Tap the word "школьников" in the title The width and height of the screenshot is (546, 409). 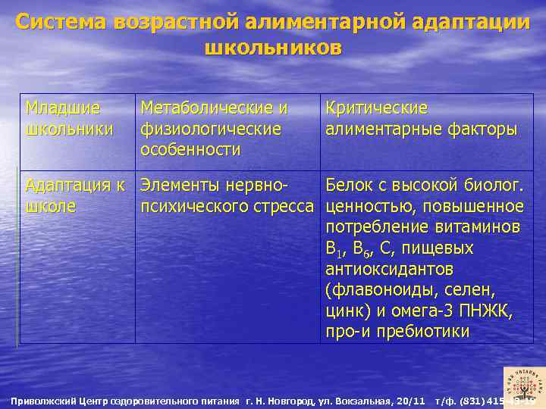pyautogui.click(x=273, y=48)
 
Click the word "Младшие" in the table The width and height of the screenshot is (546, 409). pyautogui.click(x=62, y=109)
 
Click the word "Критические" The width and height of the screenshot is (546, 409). pyautogui.click(x=377, y=109)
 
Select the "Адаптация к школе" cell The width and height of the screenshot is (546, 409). pyautogui.click(x=76, y=195)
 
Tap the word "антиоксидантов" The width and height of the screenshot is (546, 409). pyautogui.click(x=389, y=269)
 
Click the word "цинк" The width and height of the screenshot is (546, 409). pyautogui.click(x=346, y=311)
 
